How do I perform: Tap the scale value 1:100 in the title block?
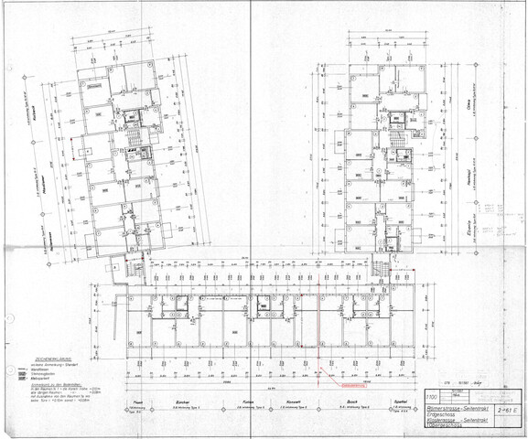(431, 397)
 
